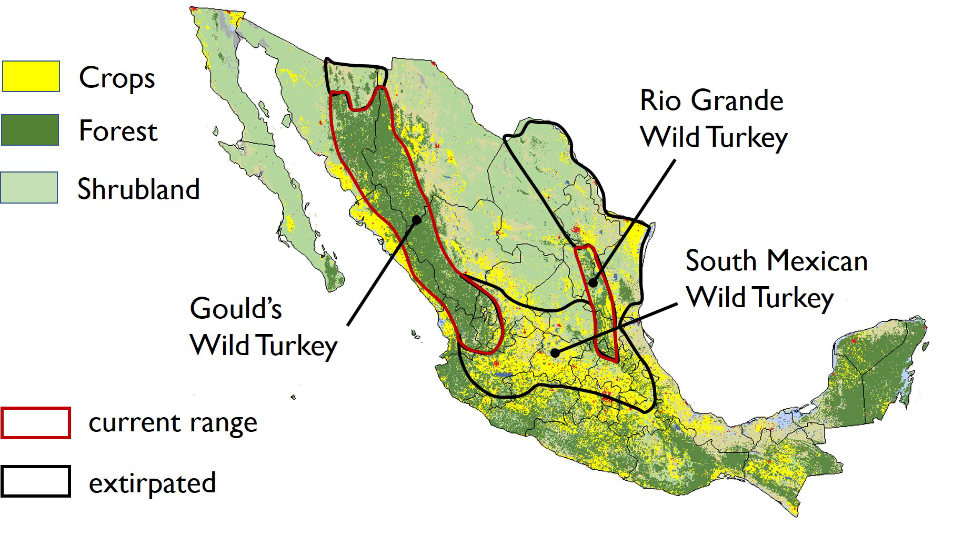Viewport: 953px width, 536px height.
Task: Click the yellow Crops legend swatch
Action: tap(31, 76)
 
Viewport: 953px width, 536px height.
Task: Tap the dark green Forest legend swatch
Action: tap(30, 130)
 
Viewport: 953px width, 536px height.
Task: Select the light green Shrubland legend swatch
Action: tap(29, 187)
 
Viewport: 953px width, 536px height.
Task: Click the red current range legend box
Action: tap(36, 423)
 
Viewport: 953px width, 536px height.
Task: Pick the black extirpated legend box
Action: tap(36, 481)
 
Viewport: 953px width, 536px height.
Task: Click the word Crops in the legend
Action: tap(117, 78)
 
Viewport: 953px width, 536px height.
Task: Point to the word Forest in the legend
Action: tap(118, 131)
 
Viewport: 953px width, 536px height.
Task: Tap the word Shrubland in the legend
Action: tap(138, 189)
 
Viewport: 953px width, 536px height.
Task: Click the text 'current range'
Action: tap(173, 423)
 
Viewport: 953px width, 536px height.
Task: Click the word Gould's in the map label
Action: tap(236, 309)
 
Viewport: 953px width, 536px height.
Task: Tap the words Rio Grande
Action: tap(711, 100)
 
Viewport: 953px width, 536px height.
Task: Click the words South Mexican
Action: tap(776, 261)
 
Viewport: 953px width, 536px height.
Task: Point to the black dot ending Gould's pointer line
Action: tap(417, 220)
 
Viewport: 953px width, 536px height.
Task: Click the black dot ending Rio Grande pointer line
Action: tap(593, 283)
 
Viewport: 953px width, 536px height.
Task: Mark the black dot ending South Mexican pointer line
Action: tap(555, 352)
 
